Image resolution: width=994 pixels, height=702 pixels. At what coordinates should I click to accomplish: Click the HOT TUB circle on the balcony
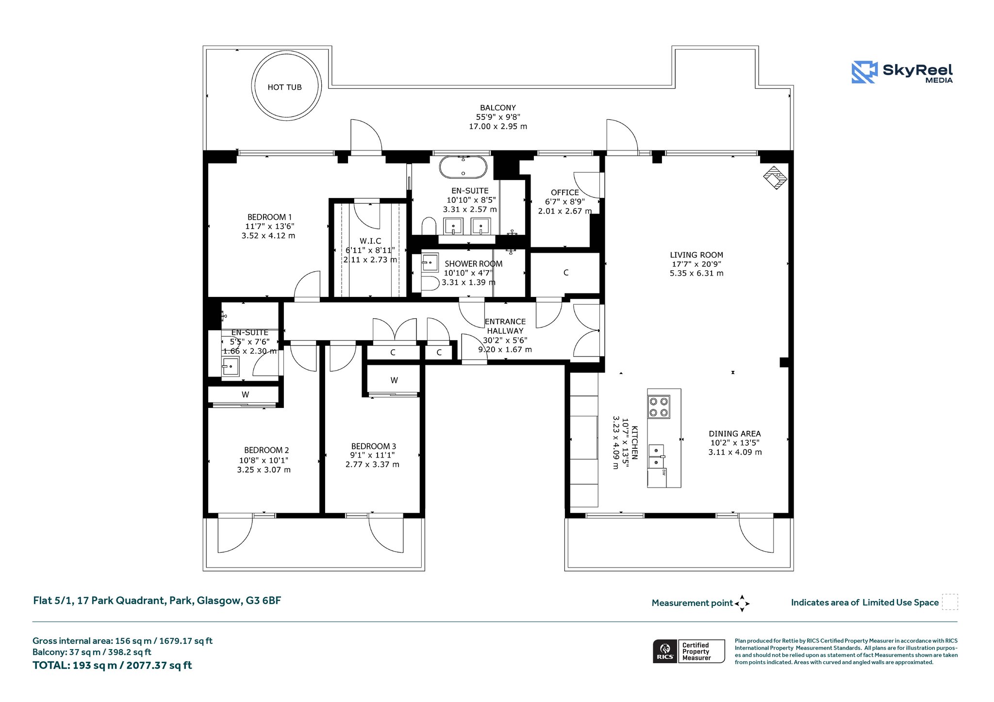click(253, 87)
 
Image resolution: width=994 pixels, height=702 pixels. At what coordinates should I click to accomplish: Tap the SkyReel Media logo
click(902, 72)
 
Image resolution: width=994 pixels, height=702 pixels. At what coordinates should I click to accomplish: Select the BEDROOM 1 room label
click(270, 217)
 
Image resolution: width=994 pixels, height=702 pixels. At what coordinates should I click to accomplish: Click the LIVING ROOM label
click(696, 255)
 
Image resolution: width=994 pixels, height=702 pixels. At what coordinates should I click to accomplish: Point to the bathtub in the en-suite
click(463, 167)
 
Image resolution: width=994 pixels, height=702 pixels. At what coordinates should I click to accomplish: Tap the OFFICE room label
click(565, 193)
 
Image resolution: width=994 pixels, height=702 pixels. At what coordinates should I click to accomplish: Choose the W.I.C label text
click(370, 241)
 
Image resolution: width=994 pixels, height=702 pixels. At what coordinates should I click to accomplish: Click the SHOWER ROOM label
click(474, 264)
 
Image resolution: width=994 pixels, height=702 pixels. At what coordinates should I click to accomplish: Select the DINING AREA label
click(735, 434)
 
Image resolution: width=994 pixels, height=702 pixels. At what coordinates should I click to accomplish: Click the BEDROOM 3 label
click(374, 446)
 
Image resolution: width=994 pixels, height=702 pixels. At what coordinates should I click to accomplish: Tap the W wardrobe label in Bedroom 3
click(394, 380)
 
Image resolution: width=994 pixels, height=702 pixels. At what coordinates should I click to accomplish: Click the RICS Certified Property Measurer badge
click(689, 651)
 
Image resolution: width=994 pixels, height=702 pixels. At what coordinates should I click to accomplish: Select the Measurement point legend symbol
click(742, 604)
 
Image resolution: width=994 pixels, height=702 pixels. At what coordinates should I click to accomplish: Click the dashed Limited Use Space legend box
click(950, 602)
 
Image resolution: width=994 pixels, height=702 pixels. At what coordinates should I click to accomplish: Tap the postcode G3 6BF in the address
click(264, 601)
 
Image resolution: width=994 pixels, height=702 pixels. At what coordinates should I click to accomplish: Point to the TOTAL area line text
click(112, 665)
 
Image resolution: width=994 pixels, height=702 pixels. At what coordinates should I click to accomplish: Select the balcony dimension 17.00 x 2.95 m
click(498, 127)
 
